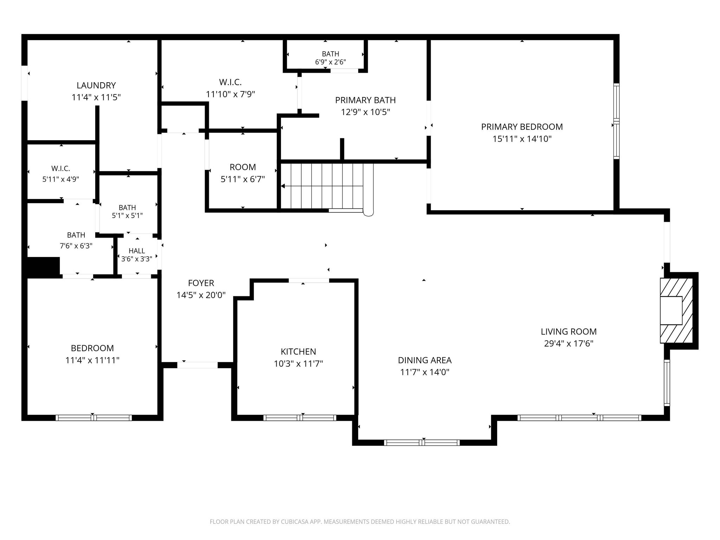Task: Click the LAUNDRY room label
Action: click(96, 85)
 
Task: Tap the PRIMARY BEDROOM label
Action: click(522, 127)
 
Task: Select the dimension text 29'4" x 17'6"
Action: click(568, 343)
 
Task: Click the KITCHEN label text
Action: click(298, 352)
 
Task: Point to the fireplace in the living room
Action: click(676, 310)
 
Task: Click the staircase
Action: click(326, 186)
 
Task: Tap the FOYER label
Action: click(201, 283)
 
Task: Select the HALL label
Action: click(137, 251)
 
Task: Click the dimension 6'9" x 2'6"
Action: click(330, 62)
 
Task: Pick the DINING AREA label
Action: click(425, 360)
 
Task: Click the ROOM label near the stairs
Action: click(243, 167)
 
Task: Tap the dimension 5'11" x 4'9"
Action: click(60, 179)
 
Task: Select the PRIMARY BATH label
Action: click(365, 100)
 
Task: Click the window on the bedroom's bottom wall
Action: click(94, 418)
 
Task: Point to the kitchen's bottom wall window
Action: click(300, 418)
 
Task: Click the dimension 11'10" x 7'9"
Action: click(230, 94)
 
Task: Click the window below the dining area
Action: click(422, 443)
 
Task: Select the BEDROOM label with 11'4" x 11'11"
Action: click(92, 348)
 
